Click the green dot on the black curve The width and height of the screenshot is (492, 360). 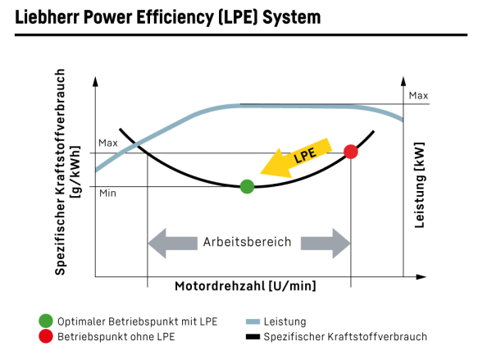pos(247,187)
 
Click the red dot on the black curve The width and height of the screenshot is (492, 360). pos(351,152)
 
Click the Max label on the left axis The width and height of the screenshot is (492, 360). pos(109,144)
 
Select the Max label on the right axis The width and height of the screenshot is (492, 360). pos(418,96)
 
